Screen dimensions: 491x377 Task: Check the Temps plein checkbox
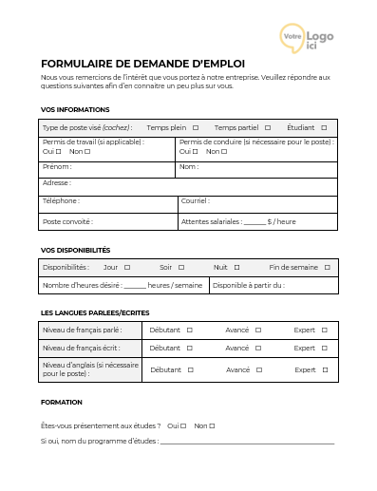coord(196,127)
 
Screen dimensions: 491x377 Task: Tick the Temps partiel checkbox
coord(268,127)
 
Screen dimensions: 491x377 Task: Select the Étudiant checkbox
coord(324,127)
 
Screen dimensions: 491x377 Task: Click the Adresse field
coord(199,184)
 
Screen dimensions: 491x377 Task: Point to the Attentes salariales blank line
coord(254,223)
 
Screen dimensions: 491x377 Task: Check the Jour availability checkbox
coord(127,268)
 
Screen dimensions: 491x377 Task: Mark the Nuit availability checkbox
coord(237,268)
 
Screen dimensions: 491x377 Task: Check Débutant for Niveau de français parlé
coord(190,330)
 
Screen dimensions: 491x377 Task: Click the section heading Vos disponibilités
coord(76,250)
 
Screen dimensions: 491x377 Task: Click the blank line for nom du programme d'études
coord(247,442)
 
